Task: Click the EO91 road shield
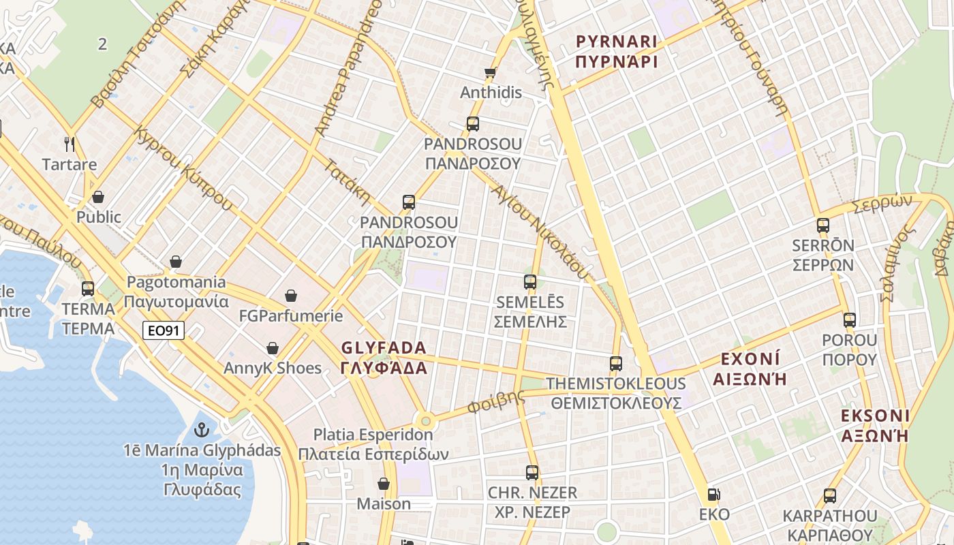(x=164, y=331)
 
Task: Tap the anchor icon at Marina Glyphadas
(x=201, y=430)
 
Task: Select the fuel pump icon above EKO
(x=713, y=495)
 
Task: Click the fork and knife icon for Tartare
(x=69, y=144)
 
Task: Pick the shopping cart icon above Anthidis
(x=490, y=72)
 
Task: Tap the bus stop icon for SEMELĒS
(x=530, y=281)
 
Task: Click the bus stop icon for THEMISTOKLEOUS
(x=616, y=363)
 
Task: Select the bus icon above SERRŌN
(x=823, y=225)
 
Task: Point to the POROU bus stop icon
(x=849, y=320)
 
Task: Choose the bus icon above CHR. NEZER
(x=532, y=472)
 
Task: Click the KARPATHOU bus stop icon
(x=829, y=495)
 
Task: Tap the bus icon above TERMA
(x=88, y=288)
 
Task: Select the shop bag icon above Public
(x=98, y=197)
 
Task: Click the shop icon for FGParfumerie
(x=291, y=296)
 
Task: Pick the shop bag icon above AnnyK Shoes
(x=273, y=348)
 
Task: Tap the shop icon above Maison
(x=384, y=484)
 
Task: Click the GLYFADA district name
(x=384, y=358)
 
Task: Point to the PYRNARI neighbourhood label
(x=617, y=52)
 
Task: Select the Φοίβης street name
(x=496, y=402)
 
